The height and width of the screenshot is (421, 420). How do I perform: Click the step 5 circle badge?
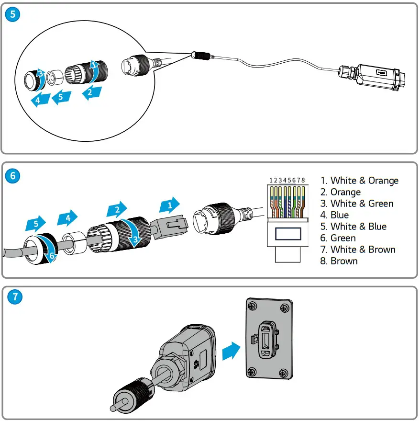12,14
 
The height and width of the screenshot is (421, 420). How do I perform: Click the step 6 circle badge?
12,176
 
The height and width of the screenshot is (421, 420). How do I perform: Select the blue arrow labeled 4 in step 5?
37,100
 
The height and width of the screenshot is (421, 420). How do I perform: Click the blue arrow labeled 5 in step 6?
34,223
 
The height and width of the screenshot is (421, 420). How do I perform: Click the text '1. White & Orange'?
359,181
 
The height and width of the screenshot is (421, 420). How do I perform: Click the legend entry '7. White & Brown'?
358,250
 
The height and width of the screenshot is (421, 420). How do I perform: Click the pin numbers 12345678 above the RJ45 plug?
287,181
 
